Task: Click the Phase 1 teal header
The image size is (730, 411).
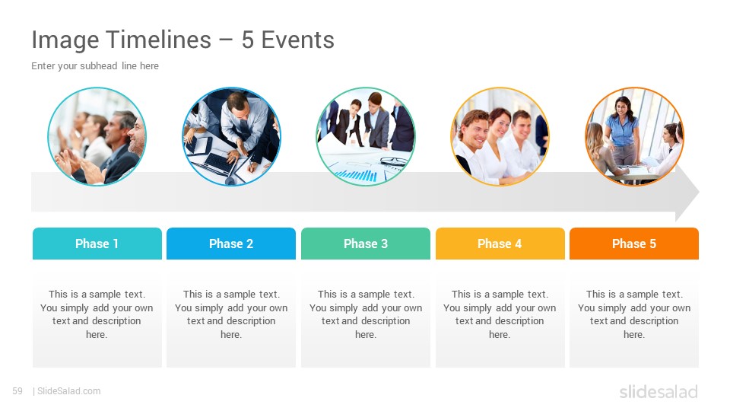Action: click(97, 244)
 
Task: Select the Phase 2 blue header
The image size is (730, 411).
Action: click(231, 244)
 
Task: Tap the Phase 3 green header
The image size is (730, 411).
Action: click(366, 244)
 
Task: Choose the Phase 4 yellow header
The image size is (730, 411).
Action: click(500, 244)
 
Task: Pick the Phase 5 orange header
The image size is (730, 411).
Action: click(634, 244)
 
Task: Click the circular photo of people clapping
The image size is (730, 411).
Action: click(97, 136)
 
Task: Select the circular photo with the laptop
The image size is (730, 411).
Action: click(231, 136)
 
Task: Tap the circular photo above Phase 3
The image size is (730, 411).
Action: click(366, 136)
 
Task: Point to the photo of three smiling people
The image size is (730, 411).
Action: click(500, 136)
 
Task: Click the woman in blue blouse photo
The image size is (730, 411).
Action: click(634, 136)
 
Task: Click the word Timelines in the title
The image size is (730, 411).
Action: click(159, 40)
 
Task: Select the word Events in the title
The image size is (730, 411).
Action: click(298, 40)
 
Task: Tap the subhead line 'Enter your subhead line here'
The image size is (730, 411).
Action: click(95, 66)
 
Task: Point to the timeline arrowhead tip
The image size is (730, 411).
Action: click(699, 192)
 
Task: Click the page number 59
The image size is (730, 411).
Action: click(17, 391)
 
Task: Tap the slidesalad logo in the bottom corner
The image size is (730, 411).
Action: click(659, 392)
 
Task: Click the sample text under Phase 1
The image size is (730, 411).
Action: click(97, 314)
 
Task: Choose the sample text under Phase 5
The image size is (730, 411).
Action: click(634, 314)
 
